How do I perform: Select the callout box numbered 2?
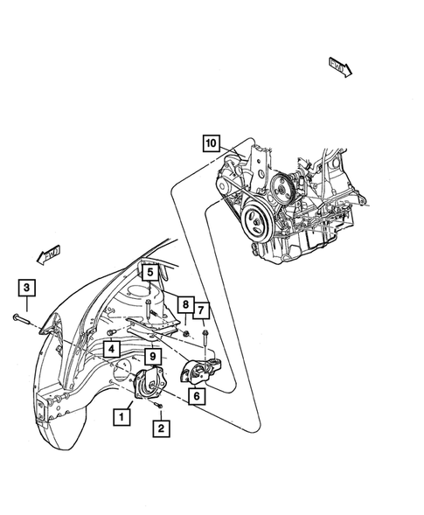click(x=160, y=428)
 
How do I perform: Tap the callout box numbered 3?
click(x=26, y=289)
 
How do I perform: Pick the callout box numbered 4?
click(x=113, y=349)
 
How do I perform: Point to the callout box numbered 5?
click(x=149, y=273)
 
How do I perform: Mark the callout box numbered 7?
click(x=203, y=309)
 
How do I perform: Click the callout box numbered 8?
click(x=184, y=305)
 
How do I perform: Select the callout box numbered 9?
click(x=151, y=356)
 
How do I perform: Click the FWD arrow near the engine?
click(x=338, y=66)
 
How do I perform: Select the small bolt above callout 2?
click(x=160, y=407)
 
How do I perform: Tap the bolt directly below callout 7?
click(x=203, y=335)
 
